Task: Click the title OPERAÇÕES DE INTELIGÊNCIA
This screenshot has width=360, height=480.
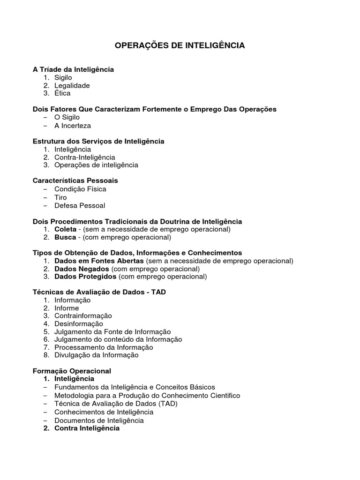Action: pyautogui.click(x=180, y=45)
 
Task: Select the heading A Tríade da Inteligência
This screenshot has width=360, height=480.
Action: pyautogui.click(x=73, y=69)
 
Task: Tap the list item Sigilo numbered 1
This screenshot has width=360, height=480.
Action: pyautogui.click(x=63, y=77)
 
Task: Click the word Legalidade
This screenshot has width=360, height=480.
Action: pyautogui.click(x=72, y=85)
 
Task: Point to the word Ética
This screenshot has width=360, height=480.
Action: pyautogui.click(x=62, y=93)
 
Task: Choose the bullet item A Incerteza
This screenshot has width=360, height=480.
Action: pyautogui.click(x=73, y=126)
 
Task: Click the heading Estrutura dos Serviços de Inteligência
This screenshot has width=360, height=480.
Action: pyautogui.click(x=98, y=141)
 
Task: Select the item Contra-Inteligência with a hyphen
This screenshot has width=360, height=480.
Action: pyautogui.click(x=84, y=157)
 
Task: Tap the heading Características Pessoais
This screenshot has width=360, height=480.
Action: pyautogui.click(x=75, y=180)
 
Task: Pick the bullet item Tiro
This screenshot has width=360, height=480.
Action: pyautogui.click(x=60, y=197)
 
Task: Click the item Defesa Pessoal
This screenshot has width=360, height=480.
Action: pyautogui.click(x=80, y=205)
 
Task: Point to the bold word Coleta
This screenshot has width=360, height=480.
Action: pyautogui.click(x=65, y=229)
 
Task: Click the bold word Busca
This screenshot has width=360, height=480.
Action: pyautogui.click(x=65, y=237)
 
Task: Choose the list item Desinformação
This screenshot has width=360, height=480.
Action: pyautogui.click(x=78, y=323)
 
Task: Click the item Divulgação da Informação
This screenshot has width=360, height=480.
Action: pyautogui.click(x=96, y=355)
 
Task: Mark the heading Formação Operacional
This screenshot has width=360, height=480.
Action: pyautogui.click(x=72, y=371)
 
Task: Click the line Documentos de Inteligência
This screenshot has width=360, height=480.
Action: pyautogui.click(x=99, y=420)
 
